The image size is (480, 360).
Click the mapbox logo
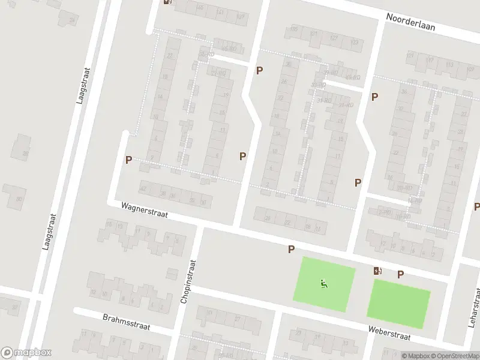coord(26,353)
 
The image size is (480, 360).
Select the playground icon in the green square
coord(324,284)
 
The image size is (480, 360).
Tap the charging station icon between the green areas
coord(377,271)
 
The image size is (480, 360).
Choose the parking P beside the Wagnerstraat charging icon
coord(400,274)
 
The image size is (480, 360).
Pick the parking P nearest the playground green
coord(292,249)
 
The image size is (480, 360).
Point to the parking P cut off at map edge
coord(476,207)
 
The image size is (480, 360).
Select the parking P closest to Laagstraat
coord(128,160)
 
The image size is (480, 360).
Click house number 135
coord(295,28)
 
